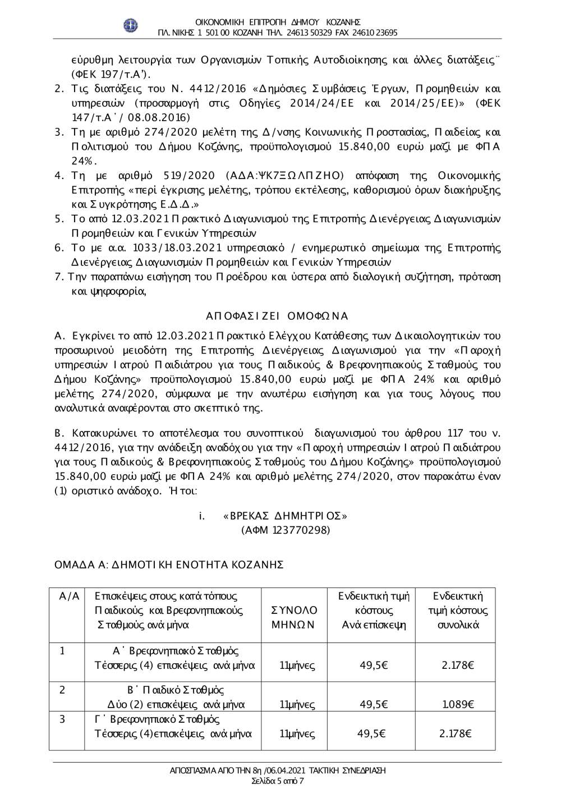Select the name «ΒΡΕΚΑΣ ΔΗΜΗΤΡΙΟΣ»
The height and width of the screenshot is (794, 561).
[x=285, y=516]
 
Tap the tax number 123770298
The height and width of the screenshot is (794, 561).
[x=300, y=530]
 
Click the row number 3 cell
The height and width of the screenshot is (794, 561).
[x=63, y=719]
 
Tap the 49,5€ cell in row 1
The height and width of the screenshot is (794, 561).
[x=374, y=666]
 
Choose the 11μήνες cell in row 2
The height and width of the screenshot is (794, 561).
[x=297, y=704]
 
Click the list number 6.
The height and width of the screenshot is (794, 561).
[x=58, y=247]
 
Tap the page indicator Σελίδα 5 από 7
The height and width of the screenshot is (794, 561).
[x=278, y=781]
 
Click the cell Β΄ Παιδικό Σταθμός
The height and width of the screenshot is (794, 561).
[x=176, y=690]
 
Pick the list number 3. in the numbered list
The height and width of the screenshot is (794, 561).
[x=58, y=132]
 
